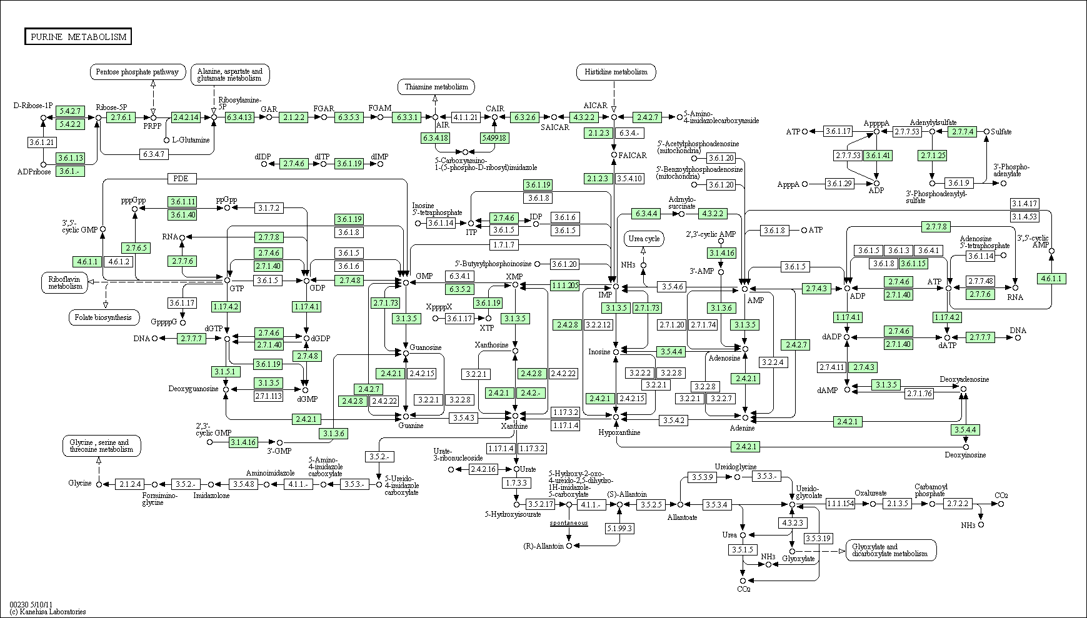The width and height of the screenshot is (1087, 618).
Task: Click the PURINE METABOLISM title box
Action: tap(78, 37)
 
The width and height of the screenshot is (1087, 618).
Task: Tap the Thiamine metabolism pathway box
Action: tap(436, 87)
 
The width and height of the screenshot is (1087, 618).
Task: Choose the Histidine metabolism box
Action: tap(616, 72)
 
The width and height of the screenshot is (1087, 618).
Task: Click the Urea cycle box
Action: tap(644, 239)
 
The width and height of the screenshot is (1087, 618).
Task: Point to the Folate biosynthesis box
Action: tap(104, 317)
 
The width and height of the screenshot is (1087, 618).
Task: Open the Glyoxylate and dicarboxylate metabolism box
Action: tap(891, 550)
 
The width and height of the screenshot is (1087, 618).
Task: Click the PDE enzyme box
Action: tap(181, 179)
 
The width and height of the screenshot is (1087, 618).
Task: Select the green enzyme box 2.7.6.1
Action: tap(121, 117)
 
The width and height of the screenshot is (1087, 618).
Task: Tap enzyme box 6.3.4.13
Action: tap(239, 117)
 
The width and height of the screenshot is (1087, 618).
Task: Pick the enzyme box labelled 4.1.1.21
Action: tap(465, 117)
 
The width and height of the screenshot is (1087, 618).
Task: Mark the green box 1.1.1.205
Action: tap(565, 285)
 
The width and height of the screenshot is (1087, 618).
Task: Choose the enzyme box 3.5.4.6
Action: tap(672, 287)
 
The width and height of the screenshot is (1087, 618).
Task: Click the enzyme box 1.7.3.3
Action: tap(516, 483)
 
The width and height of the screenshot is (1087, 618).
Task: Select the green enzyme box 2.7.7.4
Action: tap(963, 132)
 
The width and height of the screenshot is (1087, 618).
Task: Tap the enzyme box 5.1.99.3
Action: tap(619, 528)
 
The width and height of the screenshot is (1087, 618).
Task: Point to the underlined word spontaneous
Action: tap(569, 522)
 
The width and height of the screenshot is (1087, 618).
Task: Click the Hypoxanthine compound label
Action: tap(619, 432)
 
